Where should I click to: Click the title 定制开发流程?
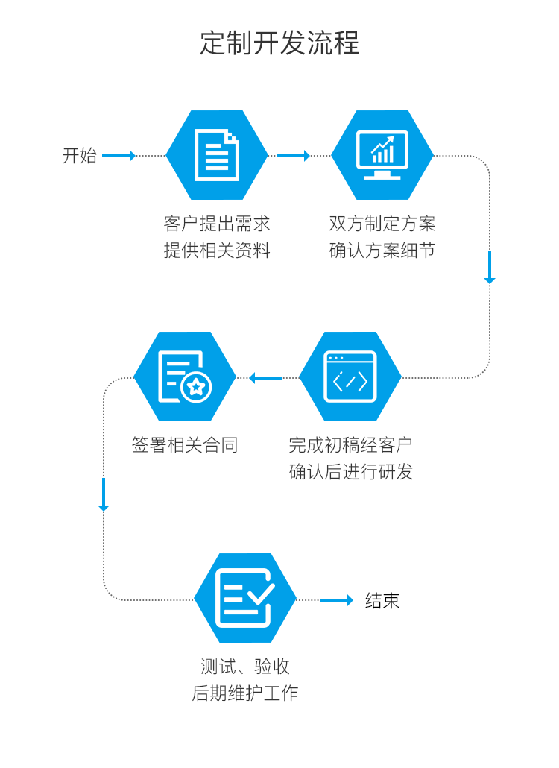click(x=279, y=43)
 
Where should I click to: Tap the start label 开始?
click(x=80, y=156)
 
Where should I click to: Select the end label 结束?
click(x=382, y=601)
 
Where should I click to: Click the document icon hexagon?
click(x=217, y=155)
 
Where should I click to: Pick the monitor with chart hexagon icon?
click(x=382, y=155)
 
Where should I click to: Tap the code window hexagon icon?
click(x=350, y=377)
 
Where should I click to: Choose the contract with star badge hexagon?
click(x=185, y=377)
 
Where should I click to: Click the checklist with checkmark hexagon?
click(x=245, y=598)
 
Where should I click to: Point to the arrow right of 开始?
click(x=119, y=156)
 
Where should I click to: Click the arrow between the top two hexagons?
click(x=293, y=156)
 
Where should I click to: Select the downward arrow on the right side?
click(x=490, y=267)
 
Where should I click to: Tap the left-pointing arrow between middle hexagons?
click(x=265, y=378)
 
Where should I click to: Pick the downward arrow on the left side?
click(x=104, y=494)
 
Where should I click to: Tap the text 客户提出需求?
click(x=217, y=224)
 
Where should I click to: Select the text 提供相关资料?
click(x=217, y=251)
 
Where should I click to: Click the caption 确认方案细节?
click(x=382, y=251)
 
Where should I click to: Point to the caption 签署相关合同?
click(x=185, y=446)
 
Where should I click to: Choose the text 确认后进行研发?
click(x=350, y=472)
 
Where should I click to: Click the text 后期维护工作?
click(x=245, y=693)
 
